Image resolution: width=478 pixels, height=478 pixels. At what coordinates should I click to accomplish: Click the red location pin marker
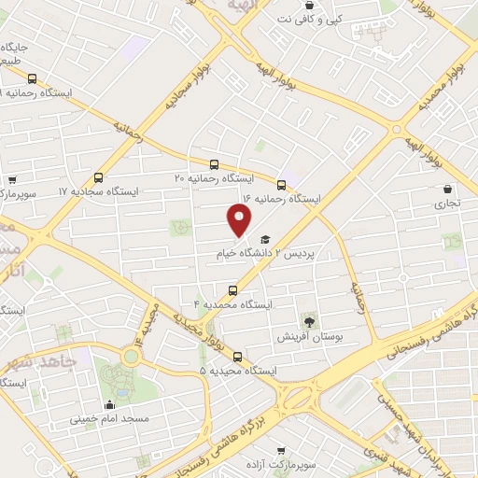pyautogui.click(x=240, y=219)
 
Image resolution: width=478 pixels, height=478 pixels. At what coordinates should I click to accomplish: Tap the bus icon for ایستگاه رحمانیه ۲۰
pyautogui.click(x=215, y=163)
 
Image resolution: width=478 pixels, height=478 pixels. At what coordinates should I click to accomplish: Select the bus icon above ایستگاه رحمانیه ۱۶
pyautogui.click(x=281, y=184)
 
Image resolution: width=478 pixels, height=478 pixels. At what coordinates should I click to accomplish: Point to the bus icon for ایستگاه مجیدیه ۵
pyautogui.click(x=237, y=356)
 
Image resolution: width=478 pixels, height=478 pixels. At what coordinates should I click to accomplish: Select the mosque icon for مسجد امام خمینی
pyautogui.click(x=110, y=404)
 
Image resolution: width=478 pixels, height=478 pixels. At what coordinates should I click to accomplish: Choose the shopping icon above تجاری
pyautogui.click(x=448, y=187)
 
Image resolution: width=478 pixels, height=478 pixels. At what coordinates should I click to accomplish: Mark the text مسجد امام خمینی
pyautogui.click(x=108, y=420)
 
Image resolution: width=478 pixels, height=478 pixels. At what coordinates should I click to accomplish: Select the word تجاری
pyautogui.click(x=446, y=202)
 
